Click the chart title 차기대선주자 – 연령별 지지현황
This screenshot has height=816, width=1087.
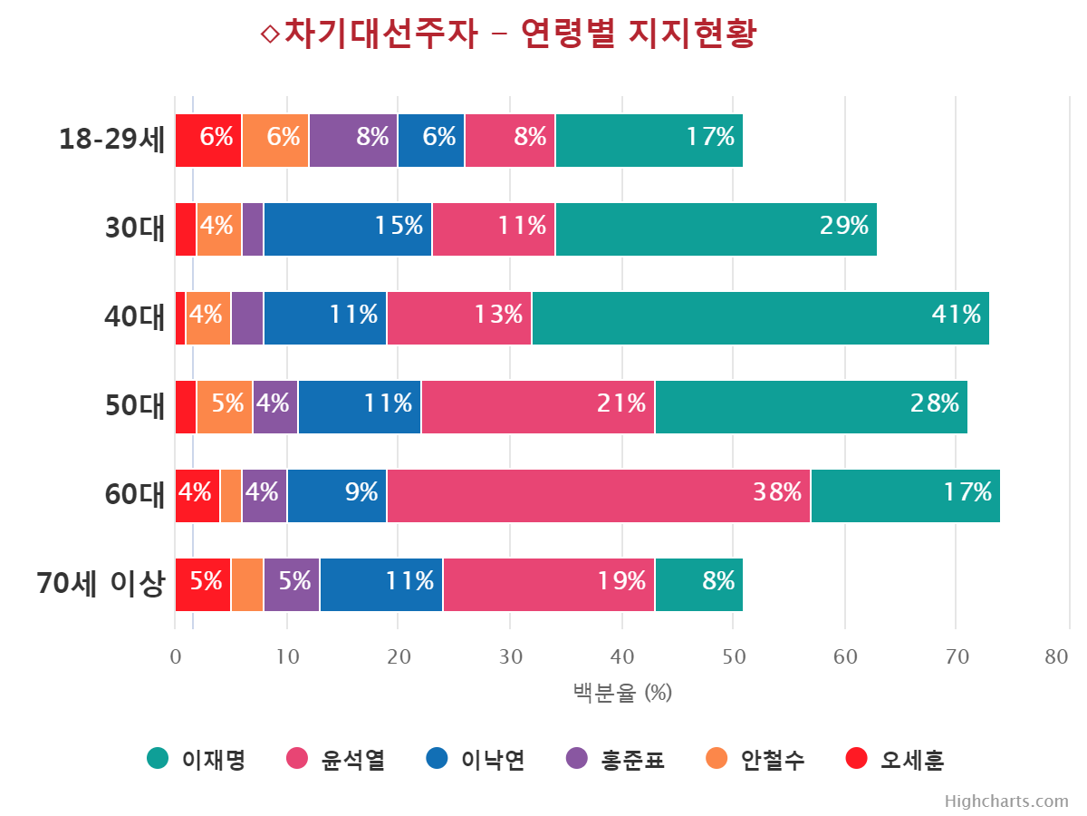coord(507,34)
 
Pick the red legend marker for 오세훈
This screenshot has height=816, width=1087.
coord(856,759)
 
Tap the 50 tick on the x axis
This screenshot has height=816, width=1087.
coord(734,657)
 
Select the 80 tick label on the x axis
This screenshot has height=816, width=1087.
coord(1056,657)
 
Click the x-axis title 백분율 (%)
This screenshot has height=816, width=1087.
coord(622,694)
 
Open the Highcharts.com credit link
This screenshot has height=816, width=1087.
coord(1006,801)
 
